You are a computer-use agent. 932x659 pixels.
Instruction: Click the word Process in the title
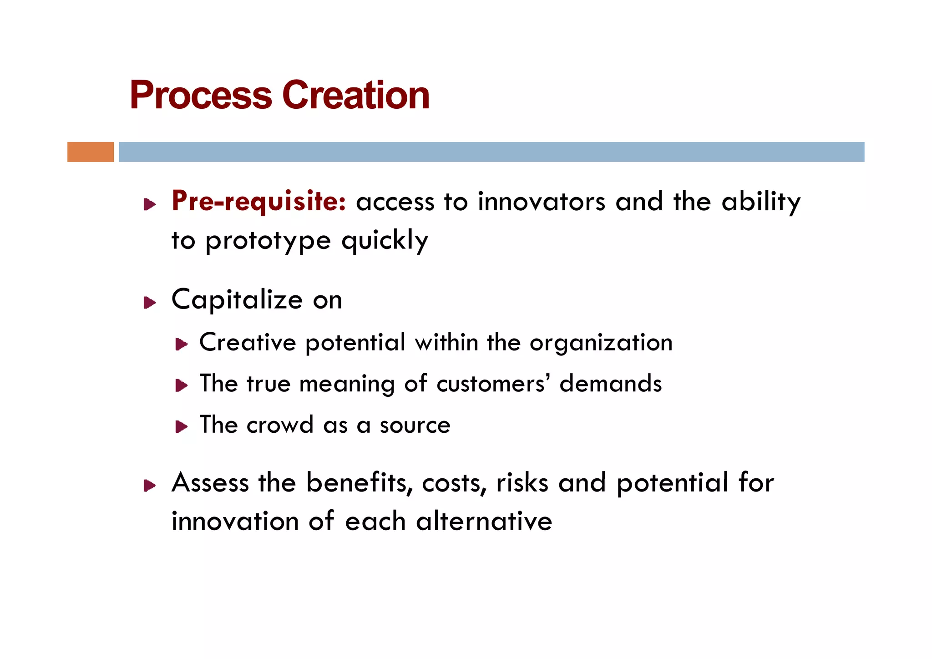(x=201, y=96)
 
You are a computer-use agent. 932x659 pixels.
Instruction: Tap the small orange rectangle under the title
(x=91, y=152)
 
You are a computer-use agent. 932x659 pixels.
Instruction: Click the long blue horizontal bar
(x=491, y=152)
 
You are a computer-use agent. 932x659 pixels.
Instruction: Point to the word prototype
(x=268, y=241)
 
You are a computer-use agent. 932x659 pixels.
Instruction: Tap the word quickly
(x=385, y=241)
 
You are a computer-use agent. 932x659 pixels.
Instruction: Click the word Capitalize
(x=237, y=300)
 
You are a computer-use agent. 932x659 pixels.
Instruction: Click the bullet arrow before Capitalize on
(x=150, y=303)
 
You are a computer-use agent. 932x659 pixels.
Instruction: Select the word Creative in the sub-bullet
(x=248, y=342)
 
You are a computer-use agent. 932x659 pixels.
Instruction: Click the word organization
(x=601, y=343)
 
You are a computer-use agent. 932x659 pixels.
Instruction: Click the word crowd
(x=280, y=425)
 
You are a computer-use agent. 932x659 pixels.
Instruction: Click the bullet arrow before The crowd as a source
(x=182, y=427)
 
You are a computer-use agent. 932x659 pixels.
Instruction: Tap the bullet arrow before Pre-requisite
(x=150, y=204)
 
